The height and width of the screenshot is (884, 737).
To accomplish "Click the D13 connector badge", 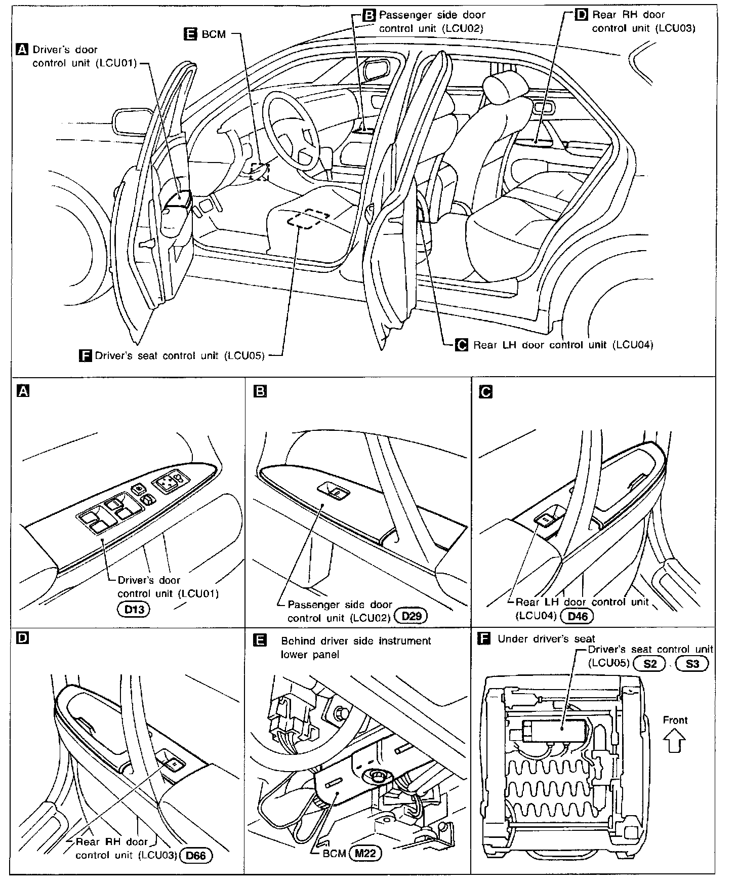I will pyautogui.click(x=134, y=609).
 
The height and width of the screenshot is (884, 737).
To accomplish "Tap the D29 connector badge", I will pyautogui.click(x=411, y=616).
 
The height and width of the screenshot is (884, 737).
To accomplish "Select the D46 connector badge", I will pyautogui.click(x=578, y=616).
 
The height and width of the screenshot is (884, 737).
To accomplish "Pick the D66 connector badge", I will pyautogui.click(x=196, y=856).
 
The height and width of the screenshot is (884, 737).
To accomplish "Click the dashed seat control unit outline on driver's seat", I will pyautogui.click(x=308, y=219).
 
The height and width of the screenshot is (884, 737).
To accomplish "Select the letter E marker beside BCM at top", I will pyautogui.click(x=190, y=34).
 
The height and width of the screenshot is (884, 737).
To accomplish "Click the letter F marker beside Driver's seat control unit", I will pyautogui.click(x=86, y=355).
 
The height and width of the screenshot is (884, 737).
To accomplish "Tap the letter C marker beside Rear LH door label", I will pyautogui.click(x=462, y=345).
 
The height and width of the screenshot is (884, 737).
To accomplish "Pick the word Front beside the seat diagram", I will pyautogui.click(x=675, y=720).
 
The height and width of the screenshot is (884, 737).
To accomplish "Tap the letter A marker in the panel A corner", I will pyautogui.click(x=23, y=391).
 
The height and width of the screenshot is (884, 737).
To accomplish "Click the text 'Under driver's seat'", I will pyautogui.click(x=546, y=639).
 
